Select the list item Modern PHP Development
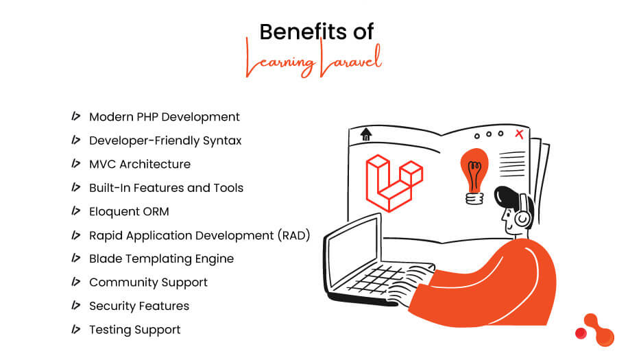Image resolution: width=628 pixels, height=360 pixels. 165,117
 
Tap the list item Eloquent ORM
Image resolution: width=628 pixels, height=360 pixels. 129,211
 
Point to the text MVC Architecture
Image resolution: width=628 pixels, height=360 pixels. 140,164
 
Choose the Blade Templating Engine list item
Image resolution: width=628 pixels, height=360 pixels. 161,259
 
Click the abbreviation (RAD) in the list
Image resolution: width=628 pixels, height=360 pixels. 294,235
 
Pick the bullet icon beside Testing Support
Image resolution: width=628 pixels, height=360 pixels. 76,329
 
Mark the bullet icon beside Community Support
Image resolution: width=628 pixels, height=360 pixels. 76,282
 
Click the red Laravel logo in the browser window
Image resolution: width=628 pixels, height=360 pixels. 394,182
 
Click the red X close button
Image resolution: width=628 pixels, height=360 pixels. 519,134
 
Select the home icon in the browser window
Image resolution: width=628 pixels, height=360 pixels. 365,134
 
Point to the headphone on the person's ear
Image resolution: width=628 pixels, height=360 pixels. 522,213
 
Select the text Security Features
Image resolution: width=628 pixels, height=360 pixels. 139,306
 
